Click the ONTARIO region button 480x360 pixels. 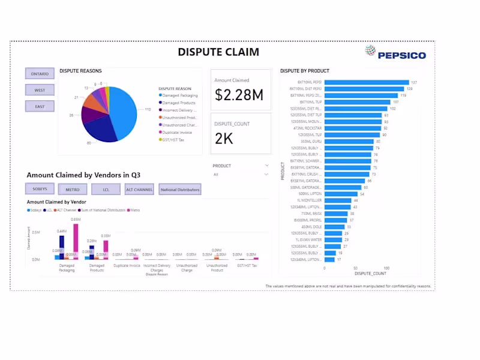click(40, 73)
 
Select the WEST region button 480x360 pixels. click(40, 90)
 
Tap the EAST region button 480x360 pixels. click(40, 106)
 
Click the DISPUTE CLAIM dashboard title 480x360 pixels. click(218, 52)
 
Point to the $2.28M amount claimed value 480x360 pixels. click(239, 95)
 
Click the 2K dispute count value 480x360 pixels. click(224, 139)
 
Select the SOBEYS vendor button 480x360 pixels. click(40, 189)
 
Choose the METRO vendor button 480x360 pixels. click(73, 190)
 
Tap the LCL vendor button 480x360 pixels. click(106, 190)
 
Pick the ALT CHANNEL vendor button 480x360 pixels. click(139, 190)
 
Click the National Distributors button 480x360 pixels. click(180, 190)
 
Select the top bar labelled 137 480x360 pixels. click(367, 82)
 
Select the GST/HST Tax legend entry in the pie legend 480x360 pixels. click(175, 139)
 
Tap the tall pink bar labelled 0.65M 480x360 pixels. click(76, 241)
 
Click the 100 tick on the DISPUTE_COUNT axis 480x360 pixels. click(386, 268)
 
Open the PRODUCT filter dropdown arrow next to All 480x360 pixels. click(266, 175)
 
